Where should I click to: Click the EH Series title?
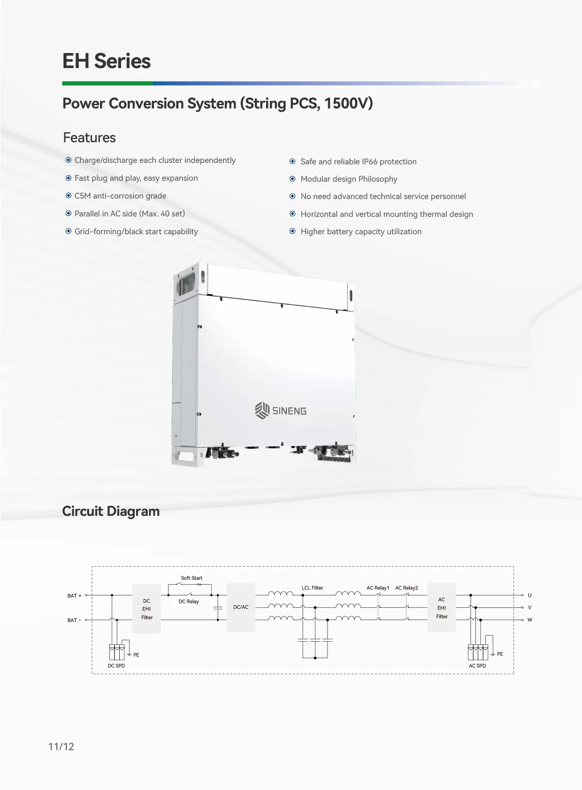click(x=107, y=61)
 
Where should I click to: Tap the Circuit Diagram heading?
click(x=111, y=511)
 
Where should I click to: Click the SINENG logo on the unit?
click(x=281, y=410)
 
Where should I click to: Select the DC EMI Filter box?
click(x=147, y=609)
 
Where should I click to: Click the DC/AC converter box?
click(x=241, y=607)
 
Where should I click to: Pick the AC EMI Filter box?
click(x=442, y=608)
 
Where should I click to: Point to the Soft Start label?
click(x=191, y=578)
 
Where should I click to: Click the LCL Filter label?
click(x=312, y=588)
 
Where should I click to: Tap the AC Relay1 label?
click(x=378, y=588)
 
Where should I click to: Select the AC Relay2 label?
click(x=406, y=588)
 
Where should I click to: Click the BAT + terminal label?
click(x=74, y=596)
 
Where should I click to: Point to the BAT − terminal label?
click(x=74, y=620)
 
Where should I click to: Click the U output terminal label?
click(x=529, y=595)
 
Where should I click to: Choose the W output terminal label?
click(x=529, y=620)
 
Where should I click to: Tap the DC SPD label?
click(x=116, y=666)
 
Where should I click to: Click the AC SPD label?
click(x=477, y=666)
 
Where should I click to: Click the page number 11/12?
click(x=61, y=747)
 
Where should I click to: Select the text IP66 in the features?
click(x=369, y=161)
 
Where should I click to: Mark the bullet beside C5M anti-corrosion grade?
click(x=69, y=196)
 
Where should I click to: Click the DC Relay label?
click(x=189, y=601)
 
